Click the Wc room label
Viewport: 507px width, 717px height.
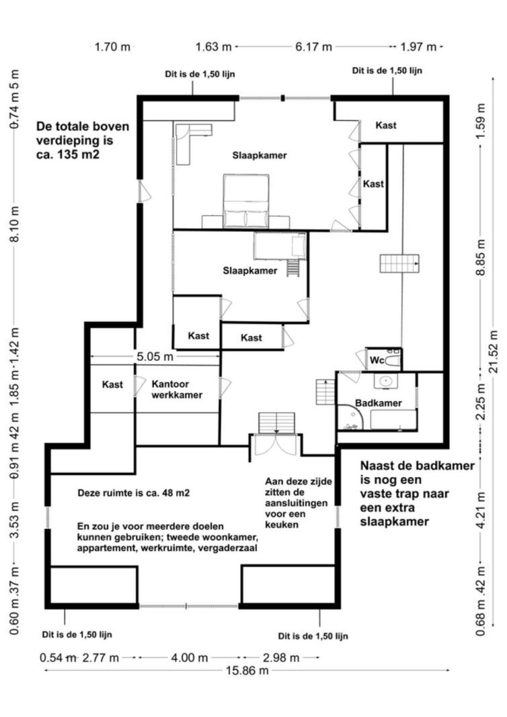point(377,361)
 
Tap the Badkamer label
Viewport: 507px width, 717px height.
point(379,403)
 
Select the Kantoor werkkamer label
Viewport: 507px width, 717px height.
point(177,390)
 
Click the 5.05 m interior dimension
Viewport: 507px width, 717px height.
point(155,357)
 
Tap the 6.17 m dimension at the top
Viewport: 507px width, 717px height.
point(313,47)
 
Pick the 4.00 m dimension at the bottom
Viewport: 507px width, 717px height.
point(190,657)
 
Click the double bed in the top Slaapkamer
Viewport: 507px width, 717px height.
point(246,202)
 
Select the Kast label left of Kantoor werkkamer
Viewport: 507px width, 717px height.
point(112,385)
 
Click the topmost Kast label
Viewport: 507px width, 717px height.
point(386,126)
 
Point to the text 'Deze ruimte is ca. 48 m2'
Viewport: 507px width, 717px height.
point(134,493)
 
